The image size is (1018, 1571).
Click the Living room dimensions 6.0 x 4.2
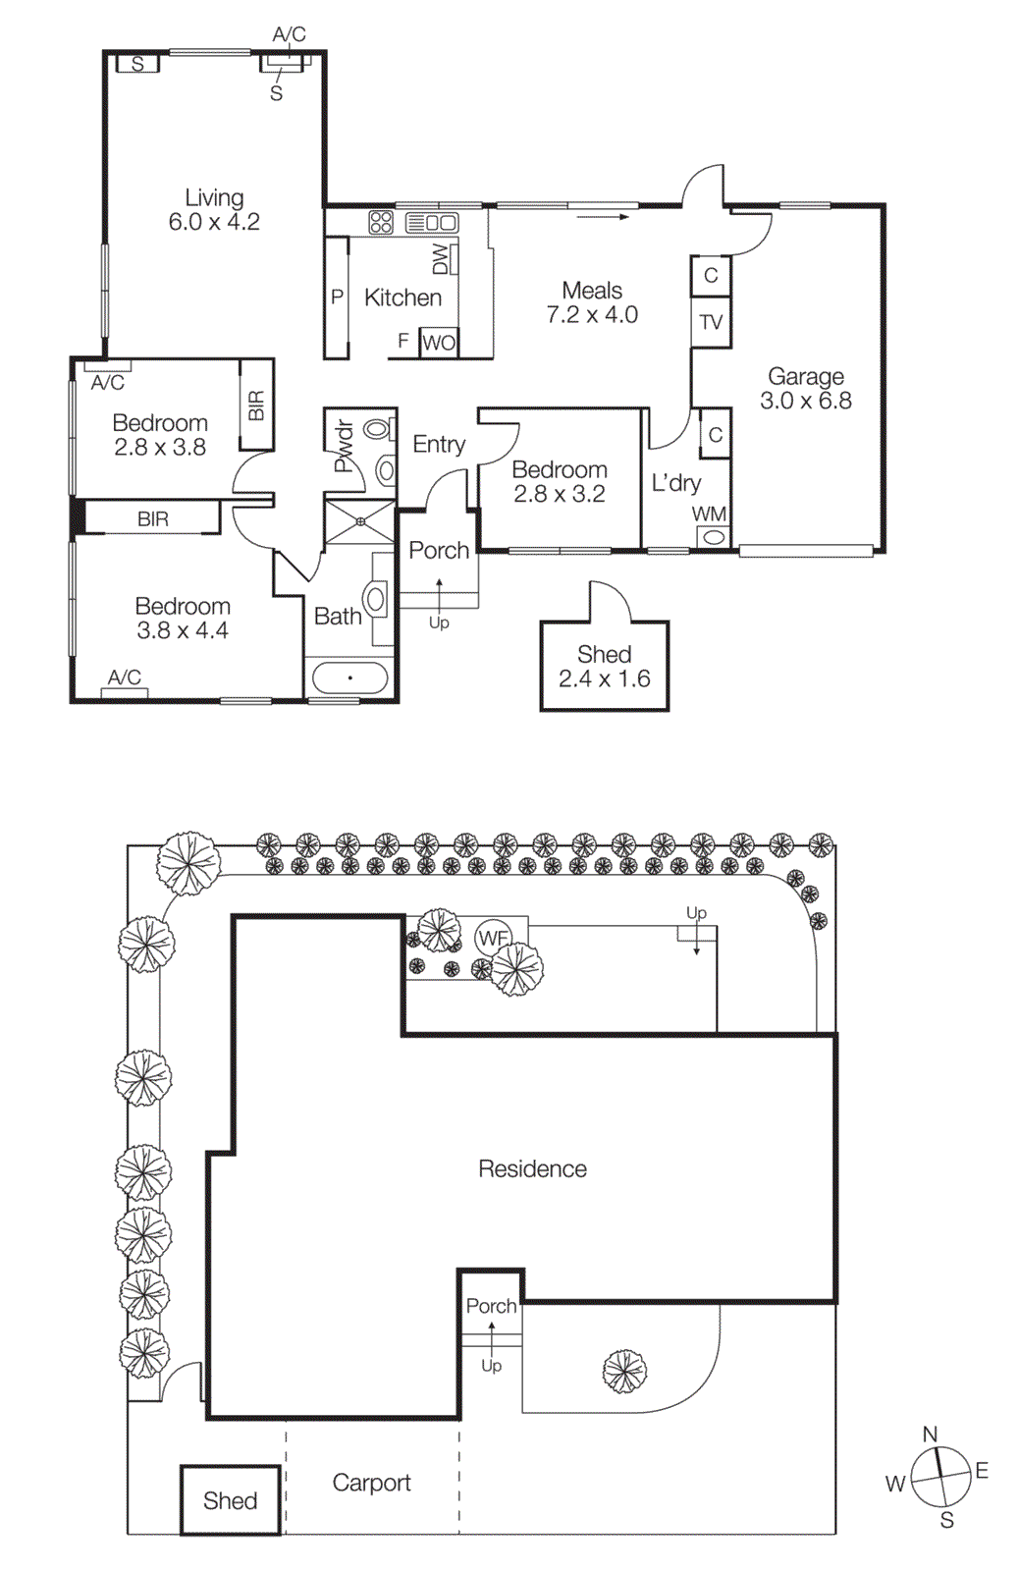coord(214,223)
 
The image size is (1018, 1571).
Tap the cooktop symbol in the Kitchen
coord(381,222)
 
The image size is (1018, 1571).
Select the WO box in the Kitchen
coord(439,343)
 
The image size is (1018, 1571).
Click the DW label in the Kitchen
coord(441,258)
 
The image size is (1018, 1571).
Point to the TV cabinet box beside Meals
coord(711,322)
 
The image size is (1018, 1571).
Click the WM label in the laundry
coord(709,515)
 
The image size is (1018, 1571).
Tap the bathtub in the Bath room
coord(349,677)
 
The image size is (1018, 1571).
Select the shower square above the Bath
coord(360,521)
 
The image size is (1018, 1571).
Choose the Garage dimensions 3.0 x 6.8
coord(806,401)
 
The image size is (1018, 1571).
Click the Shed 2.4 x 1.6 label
coord(605,667)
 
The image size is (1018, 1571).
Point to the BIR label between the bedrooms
coord(152,518)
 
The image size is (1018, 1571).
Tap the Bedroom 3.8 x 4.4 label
coord(183,619)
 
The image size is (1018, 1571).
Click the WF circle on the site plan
coord(493,938)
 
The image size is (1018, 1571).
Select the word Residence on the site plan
coord(532,1168)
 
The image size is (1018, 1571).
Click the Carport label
coord(371,1483)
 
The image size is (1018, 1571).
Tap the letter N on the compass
coord(931,1435)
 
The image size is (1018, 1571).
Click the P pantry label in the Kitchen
coord(337,297)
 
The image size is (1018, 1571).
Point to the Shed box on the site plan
coord(231,1500)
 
